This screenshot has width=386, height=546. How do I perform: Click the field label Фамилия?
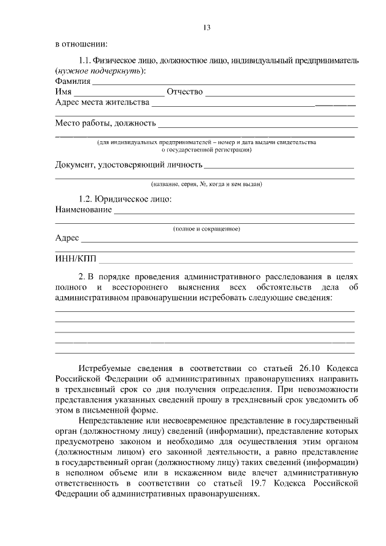72,81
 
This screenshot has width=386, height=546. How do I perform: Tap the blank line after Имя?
118,92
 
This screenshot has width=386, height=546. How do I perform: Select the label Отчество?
185,92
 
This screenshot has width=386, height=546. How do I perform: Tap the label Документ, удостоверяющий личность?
128,164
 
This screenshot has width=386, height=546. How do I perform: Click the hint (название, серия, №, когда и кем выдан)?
206,183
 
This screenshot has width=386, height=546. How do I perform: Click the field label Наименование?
83,209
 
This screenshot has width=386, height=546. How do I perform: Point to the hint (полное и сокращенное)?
206,229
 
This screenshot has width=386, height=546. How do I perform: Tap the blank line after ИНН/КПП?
228,262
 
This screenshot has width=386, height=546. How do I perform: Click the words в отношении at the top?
81,44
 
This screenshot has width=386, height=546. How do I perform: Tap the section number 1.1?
87,60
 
